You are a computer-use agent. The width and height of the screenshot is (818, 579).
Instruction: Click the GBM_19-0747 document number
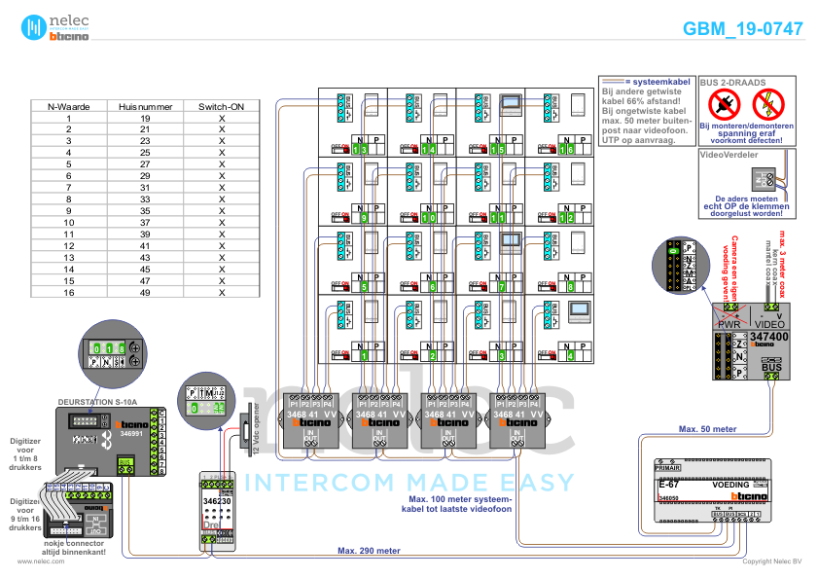(742, 28)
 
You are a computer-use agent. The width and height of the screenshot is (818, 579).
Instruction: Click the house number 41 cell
(144, 246)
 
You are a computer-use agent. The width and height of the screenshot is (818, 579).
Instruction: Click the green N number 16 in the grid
(567, 149)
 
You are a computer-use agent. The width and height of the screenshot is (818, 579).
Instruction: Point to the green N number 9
(363, 218)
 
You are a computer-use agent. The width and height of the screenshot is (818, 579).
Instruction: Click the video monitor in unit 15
(511, 104)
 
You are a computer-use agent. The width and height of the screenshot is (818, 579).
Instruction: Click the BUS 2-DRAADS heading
(732, 84)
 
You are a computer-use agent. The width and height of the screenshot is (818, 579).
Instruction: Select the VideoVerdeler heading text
(728, 154)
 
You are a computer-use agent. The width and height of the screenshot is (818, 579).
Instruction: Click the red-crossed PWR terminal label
(729, 321)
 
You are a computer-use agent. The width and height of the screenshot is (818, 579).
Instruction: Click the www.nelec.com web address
(41, 561)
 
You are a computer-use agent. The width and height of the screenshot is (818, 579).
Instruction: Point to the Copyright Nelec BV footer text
(771, 561)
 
